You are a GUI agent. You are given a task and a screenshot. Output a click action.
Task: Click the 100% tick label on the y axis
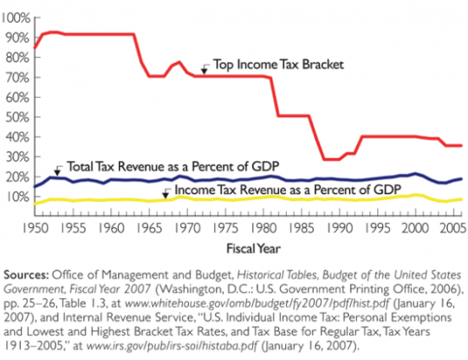(x=16, y=17)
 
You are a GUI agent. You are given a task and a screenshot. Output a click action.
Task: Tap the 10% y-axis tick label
(x=17, y=197)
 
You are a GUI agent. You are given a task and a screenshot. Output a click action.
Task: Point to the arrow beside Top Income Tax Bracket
(x=204, y=68)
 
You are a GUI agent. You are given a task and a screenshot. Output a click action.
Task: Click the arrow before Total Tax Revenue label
(x=57, y=167)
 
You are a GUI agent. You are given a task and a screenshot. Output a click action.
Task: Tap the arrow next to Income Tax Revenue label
(x=166, y=191)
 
